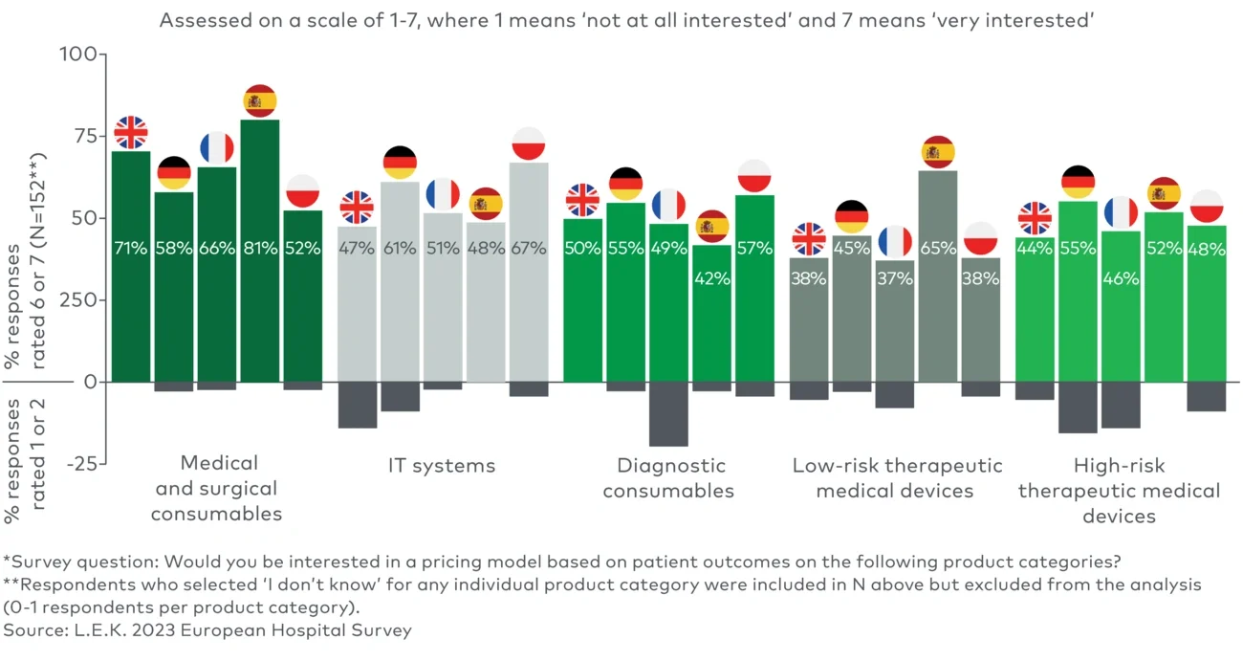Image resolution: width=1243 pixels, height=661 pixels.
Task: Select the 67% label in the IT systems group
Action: point(529,249)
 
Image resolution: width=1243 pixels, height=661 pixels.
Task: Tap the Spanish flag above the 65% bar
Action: point(938,152)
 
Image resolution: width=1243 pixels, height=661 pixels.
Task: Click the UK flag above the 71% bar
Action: point(131,132)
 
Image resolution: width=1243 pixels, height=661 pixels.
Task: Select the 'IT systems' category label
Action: point(442,466)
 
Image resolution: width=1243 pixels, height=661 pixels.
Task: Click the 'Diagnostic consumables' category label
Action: point(669,478)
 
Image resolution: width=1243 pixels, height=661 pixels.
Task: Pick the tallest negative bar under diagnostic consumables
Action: point(668,413)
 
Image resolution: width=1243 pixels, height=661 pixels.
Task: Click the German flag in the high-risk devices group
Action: point(1078,181)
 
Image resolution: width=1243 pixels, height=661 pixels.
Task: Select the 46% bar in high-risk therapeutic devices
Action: point(1121,306)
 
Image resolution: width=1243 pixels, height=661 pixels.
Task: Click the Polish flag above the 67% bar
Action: point(529,143)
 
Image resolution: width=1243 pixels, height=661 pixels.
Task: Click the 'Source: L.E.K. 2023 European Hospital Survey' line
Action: point(207,630)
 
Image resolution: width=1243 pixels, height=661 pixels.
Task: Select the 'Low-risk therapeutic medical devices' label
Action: point(897,478)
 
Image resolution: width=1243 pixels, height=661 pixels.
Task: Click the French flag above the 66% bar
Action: point(217,148)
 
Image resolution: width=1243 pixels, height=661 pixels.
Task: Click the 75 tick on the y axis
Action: point(80,136)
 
